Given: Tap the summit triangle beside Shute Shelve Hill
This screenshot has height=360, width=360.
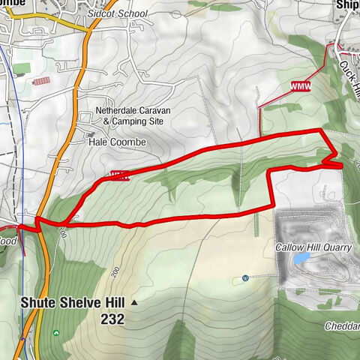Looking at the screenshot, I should tap(135, 303).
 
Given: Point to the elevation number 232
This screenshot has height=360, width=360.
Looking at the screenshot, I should tap(110, 319).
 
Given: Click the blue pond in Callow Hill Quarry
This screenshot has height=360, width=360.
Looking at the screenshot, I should tap(301, 258).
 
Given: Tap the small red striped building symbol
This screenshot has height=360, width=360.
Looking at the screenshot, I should tap(42, 80).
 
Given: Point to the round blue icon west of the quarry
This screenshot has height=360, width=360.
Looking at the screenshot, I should tap(245, 279).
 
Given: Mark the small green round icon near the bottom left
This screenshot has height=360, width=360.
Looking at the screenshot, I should tap(55, 333).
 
